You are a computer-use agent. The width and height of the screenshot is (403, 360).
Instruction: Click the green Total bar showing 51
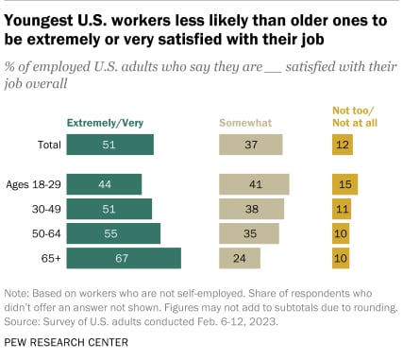pyautogui.click(x=109, y=145)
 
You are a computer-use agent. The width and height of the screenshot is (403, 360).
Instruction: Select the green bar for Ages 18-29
pyautogui.click(x=104, y=184)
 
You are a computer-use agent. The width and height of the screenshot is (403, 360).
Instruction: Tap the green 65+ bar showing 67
pyautogui.click(x=124, y=257)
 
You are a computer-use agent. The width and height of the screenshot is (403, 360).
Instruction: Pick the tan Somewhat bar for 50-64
pyautogui.click(x=249, y=232)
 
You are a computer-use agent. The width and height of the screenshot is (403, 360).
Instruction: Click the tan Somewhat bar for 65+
pyautogui.click(x=240, y=257)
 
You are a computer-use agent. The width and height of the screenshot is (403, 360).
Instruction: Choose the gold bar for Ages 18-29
pyautogui.click(x=345, y=184)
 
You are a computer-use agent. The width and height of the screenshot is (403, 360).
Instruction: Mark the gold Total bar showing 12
pyautogui.click(x=343, y=145)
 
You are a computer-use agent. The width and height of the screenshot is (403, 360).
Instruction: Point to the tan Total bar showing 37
pyautogui.click(x=251, y=145)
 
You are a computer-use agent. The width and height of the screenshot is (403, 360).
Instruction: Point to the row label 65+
pyautogui.click(x=48, y=257)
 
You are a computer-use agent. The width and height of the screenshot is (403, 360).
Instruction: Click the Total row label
pyautogui.click(x=43, y=145)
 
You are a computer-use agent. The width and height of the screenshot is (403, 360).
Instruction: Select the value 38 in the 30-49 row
pyautogui.click(x=251, y=209)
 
